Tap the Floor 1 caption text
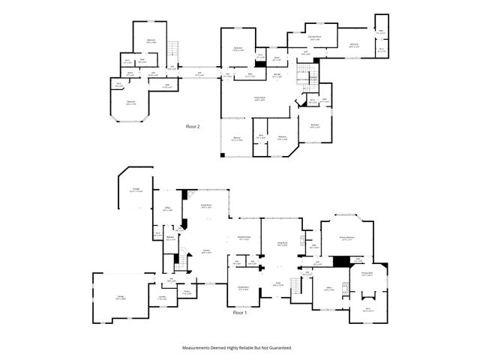tap(240, 311)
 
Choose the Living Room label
tap(283, 244)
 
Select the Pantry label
tap(187, 292)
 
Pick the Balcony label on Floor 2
tap(236, 139)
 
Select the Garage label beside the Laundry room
tap(121, 297)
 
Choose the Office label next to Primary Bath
tap(329, 288)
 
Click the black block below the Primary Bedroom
tap(342, 261)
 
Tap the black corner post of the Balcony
tap(223, 155)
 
